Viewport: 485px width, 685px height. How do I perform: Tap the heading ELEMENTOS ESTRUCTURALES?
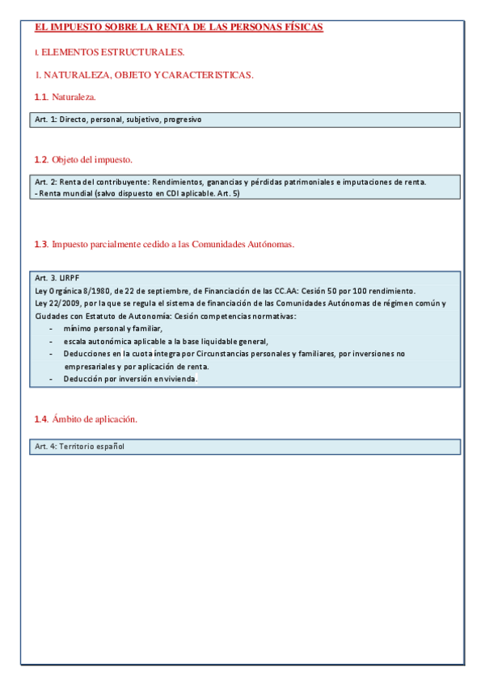point(112,52)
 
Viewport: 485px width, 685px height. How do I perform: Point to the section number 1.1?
point(41,98)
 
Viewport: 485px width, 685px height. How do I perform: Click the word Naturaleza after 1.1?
point(74,98)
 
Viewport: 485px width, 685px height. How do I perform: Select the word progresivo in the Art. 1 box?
point(182,120)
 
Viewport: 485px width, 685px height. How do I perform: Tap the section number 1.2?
point(41,159)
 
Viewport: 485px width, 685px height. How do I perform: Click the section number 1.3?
point(41,244)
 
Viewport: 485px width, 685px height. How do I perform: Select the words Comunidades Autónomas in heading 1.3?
point(247,244)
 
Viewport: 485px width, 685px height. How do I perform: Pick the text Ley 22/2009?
point(55,303)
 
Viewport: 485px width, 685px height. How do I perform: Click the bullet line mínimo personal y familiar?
point(113,328)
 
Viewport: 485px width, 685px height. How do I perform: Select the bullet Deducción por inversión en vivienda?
point(130,379)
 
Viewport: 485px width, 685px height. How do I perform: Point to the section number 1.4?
point(41,419)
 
